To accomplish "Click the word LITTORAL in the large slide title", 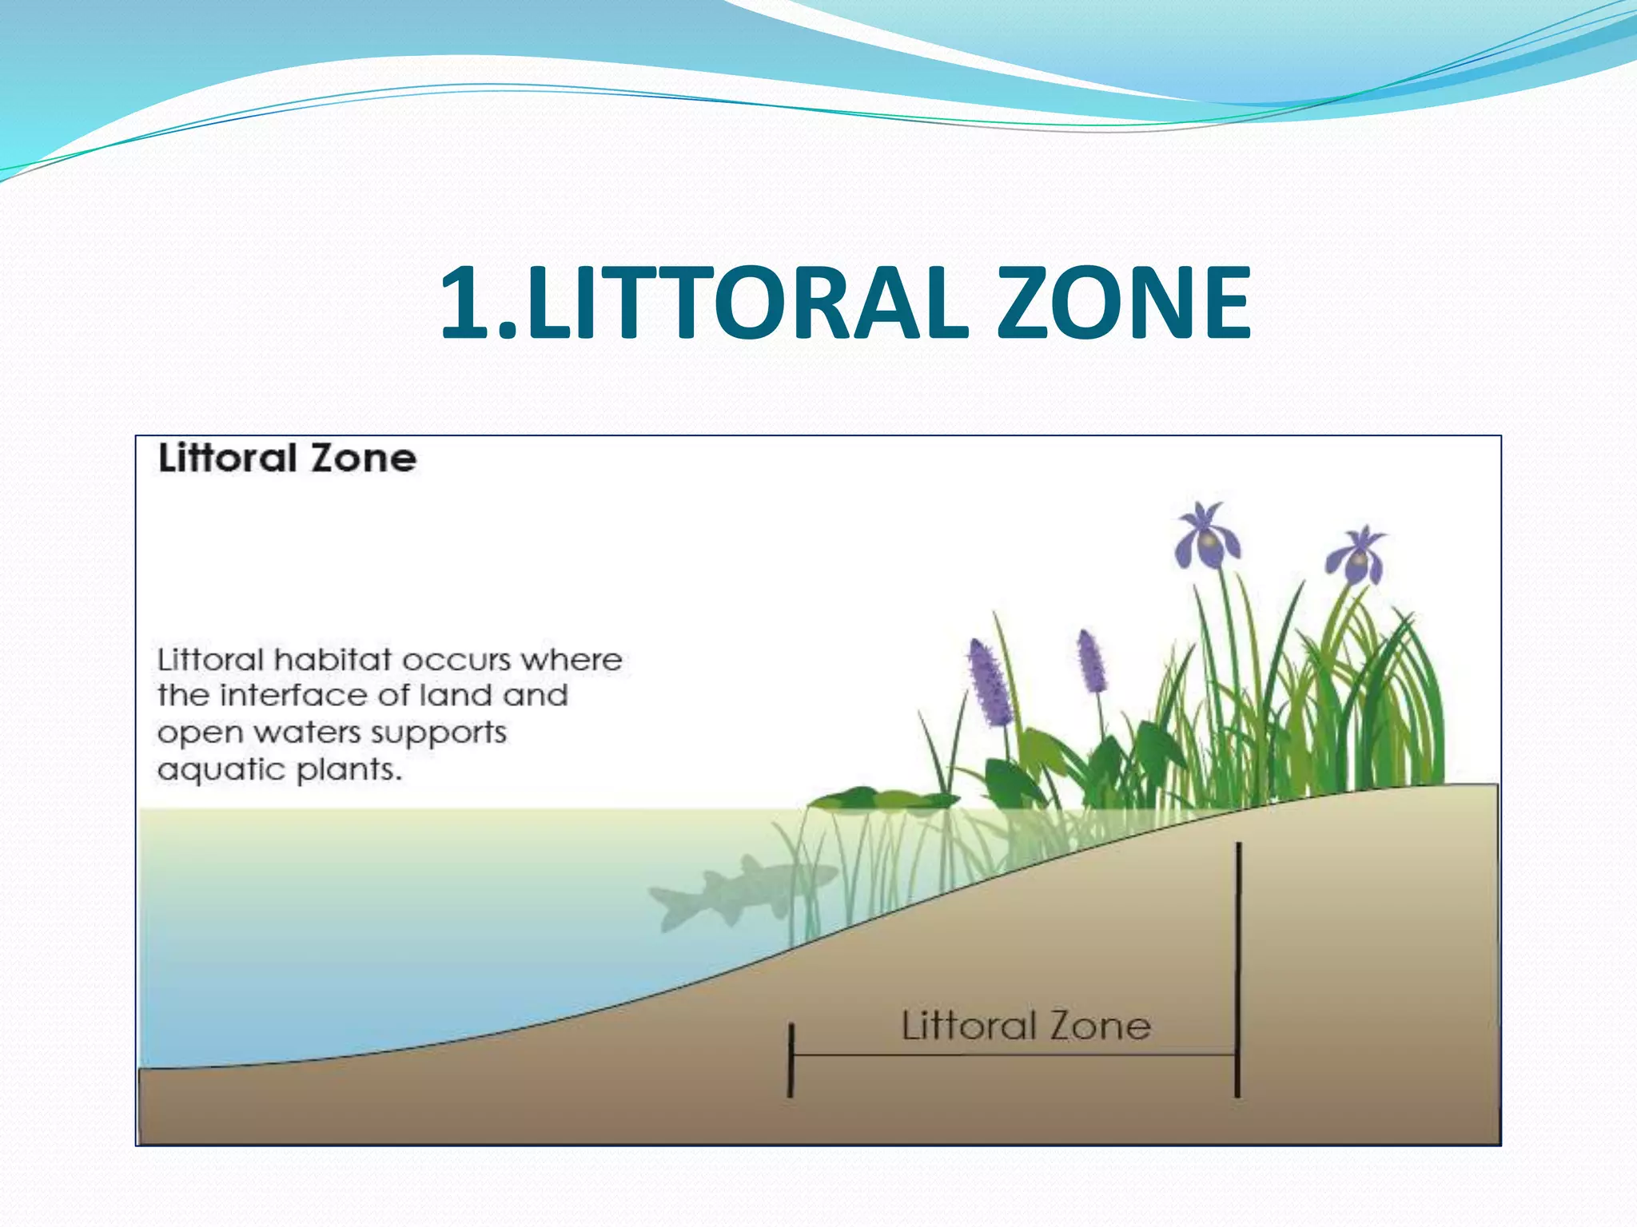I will (x=747, y=303).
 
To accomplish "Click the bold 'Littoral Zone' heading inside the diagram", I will (x=287, y=459).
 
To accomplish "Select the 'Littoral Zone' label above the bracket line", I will (x=1026, y=1026).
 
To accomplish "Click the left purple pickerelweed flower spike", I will (x=989, y=683).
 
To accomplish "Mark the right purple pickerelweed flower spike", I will (x=1090, y=661).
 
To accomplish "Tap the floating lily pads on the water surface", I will (x=879, y=799).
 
